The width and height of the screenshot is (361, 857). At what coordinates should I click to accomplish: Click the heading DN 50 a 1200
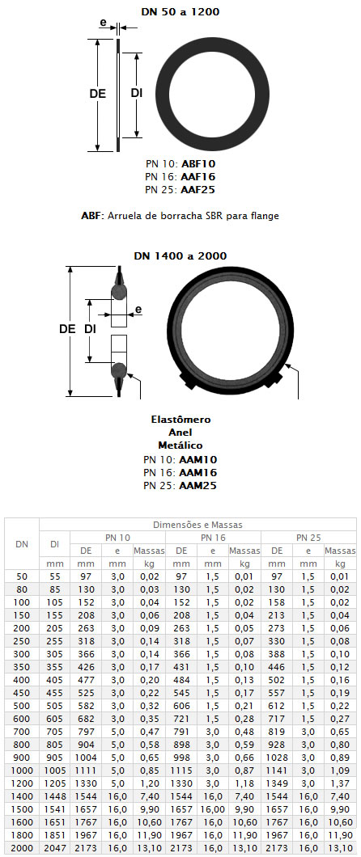tap(180, 11)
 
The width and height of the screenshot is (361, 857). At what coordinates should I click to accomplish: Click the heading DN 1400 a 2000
tap(180, 255)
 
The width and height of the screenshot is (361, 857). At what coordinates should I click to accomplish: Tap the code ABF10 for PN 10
tap(196, 163)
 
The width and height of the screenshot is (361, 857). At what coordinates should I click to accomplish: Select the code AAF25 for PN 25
tap(196, 190)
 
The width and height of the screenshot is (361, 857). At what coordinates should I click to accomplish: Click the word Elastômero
tap(180, 420)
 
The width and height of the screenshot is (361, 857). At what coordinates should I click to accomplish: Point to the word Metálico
tap(180, 445)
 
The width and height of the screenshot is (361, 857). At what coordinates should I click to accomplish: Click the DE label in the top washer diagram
tap(97, 94)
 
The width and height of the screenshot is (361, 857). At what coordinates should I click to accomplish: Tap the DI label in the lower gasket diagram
tap(91, 329)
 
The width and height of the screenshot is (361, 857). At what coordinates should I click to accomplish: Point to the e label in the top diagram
tap(102, 23)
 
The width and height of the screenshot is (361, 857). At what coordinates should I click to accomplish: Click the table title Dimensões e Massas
tap(198, 525)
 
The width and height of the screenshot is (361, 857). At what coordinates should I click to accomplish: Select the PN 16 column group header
tap(213, 538)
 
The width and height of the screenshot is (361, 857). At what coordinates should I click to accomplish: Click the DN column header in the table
tap(22, 544)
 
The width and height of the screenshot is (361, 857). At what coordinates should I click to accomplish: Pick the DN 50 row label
tap(22, 576)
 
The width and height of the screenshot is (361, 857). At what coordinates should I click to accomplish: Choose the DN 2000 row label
tap(22, 848)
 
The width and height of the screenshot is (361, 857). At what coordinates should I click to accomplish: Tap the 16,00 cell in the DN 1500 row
tap(213, 809)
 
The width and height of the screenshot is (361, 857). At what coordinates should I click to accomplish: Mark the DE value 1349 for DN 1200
tap(277, 783)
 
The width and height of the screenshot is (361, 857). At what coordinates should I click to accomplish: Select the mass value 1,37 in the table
tap(340, 783)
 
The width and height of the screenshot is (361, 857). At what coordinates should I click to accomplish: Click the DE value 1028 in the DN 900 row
tap(277, 757)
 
